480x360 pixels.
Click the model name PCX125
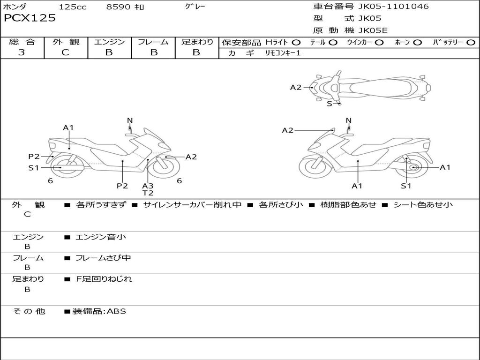[x=30, y=18]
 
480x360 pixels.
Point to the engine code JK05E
[x=373, y=31]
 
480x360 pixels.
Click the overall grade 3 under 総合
[x=22, y=52]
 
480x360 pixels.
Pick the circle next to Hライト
[x=296, y=42]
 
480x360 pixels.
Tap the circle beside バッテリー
[x=471, y=42]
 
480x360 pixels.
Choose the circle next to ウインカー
[x=379, y=42]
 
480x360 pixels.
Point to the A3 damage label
[x=148, y=186]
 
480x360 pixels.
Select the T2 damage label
[x=148, y=193]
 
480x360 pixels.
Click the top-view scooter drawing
[x=373, y=87]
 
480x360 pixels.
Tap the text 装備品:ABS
[x=99, y=311]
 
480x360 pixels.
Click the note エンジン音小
[x=101, y=237]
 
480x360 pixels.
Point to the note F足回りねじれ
[x=104, y=279]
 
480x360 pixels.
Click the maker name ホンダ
[x=15, y=7]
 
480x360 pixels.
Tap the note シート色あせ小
[x=423, y=204]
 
